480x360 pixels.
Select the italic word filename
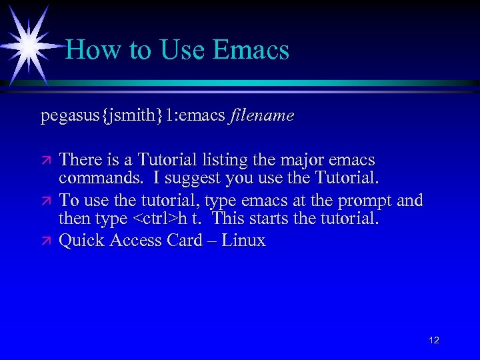click(262, 116)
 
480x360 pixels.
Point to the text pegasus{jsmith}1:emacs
click(133, 116)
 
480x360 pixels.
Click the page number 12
click(434, 341)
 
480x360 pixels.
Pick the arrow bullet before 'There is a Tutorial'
click(46, 161)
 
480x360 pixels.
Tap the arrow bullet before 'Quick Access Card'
click(46, 241)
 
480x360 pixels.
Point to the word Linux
click(244, 240)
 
